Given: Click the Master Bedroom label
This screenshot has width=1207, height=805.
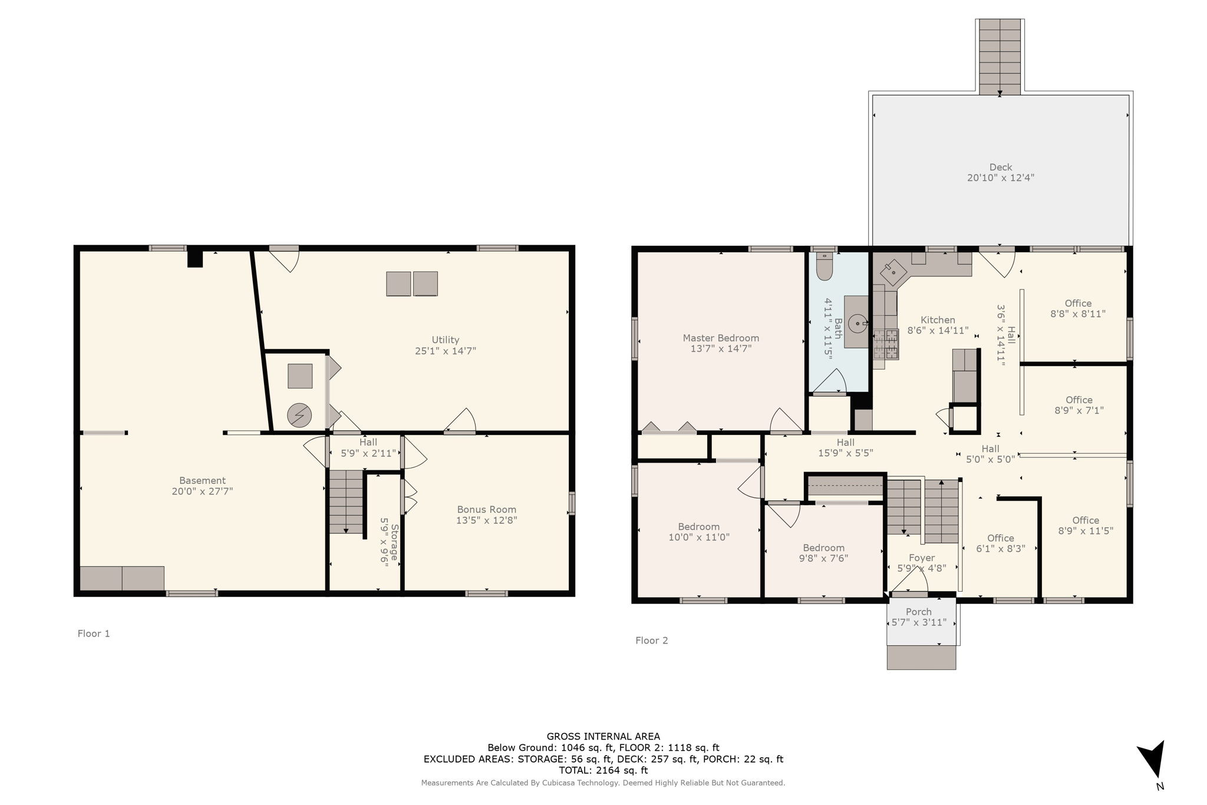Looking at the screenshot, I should coord(720,338).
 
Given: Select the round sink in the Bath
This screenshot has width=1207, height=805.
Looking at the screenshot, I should coord(858,323).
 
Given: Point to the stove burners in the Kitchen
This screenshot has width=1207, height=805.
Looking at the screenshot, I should coord(886,344).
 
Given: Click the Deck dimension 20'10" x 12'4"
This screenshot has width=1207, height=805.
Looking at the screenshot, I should coord(1000,177).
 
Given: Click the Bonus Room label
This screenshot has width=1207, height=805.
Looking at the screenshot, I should coord(486,510).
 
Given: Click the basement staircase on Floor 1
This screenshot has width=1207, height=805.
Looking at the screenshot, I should coord(346,502).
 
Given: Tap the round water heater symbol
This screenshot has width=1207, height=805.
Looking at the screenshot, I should coord(299,415).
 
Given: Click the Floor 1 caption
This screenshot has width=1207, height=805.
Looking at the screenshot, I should coord(94,634).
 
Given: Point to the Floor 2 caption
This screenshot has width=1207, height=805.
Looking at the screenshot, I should coord(651,641).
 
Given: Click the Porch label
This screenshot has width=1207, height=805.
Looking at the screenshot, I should coord(918,612).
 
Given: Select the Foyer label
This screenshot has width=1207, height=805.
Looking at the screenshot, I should coord(921,557).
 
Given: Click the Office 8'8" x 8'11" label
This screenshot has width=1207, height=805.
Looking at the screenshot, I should coord(1078,303).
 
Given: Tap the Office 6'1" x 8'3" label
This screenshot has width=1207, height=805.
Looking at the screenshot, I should coord(1000,538).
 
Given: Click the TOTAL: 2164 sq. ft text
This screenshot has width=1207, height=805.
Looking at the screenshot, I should coord(603,770).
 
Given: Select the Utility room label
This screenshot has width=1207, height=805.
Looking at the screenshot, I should coord(445,340).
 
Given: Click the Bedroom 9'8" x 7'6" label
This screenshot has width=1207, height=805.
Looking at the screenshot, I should coord(823,548).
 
